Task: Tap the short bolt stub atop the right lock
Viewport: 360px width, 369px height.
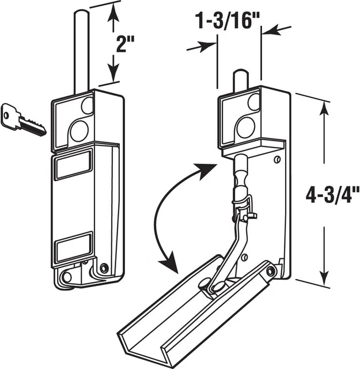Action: tap(240, 80)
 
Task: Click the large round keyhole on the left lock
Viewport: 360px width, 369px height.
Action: tap(78, 130)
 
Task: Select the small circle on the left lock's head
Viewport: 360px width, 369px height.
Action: tap(88, 106)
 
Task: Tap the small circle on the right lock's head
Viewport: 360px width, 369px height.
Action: tap(253, 102)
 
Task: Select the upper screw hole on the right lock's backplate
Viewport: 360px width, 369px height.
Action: tap(278, 160)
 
